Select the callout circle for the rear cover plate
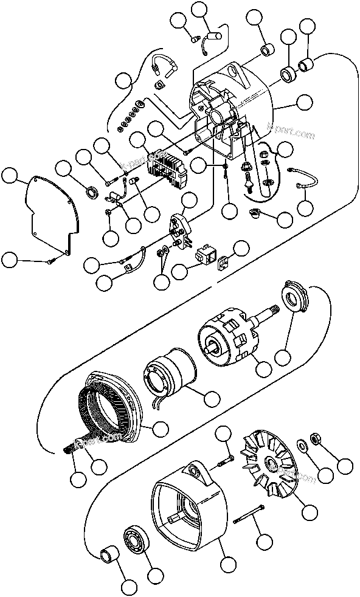[9, 176]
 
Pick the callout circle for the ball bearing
[156, 574]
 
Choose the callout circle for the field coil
[212, 399]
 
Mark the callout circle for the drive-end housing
[228, 565]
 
